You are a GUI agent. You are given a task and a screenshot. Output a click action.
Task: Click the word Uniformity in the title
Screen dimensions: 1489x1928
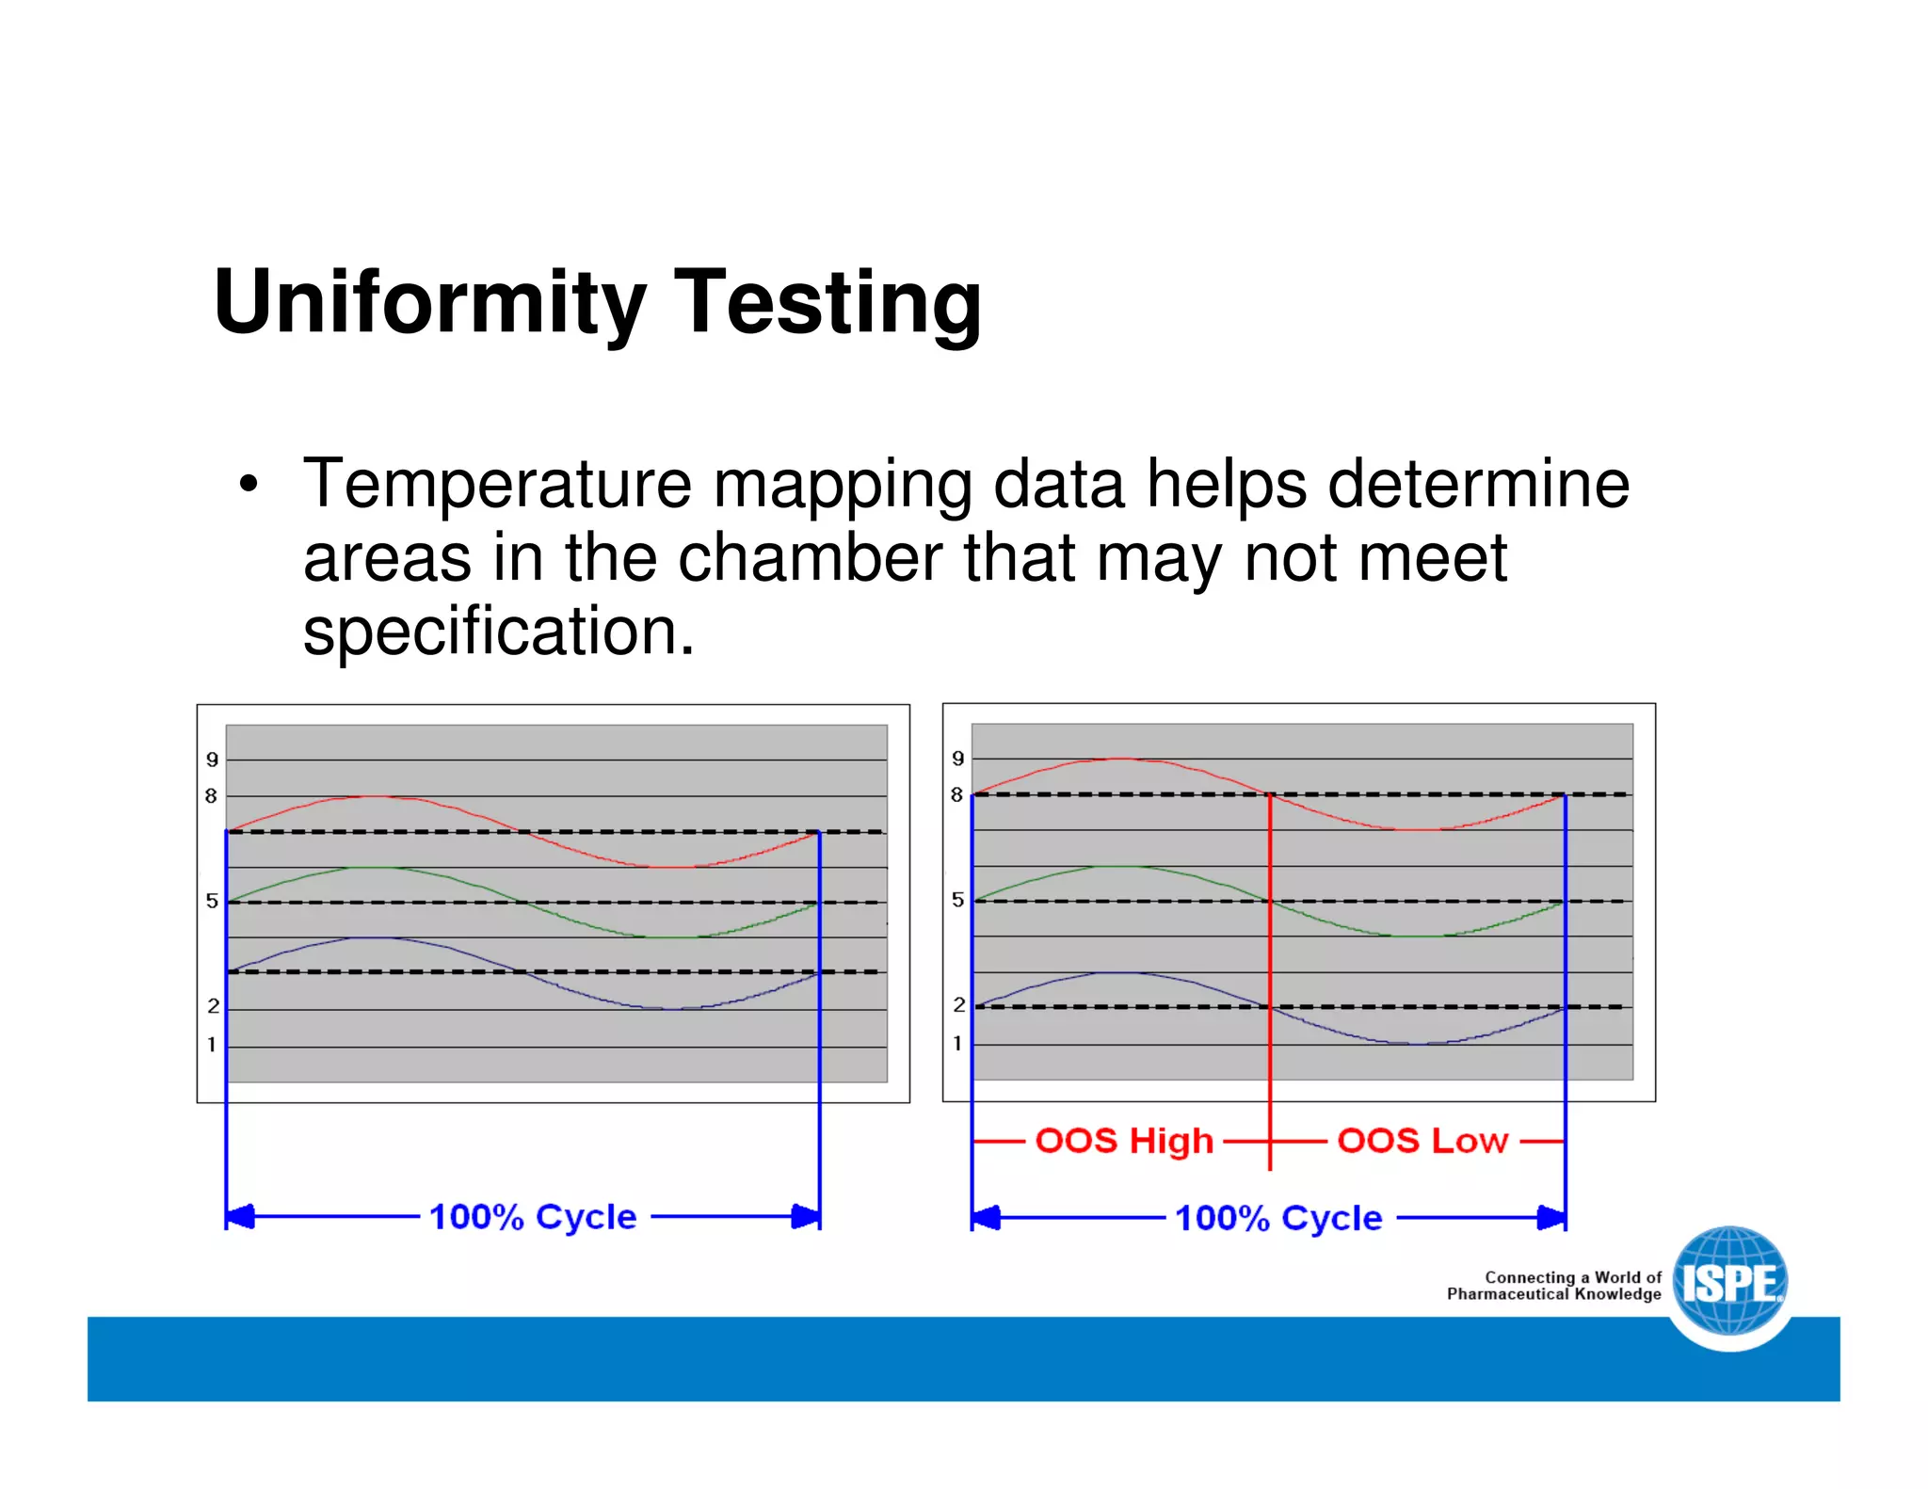[429, 303]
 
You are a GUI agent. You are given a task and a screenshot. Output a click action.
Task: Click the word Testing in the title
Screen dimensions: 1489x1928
[827, 303]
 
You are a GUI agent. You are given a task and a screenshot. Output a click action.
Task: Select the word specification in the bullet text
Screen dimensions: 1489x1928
[497, 632]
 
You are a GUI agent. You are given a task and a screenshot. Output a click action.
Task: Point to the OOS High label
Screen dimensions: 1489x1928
[1124, 1141]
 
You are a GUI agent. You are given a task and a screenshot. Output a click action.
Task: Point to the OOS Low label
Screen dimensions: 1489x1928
[1422, 1141]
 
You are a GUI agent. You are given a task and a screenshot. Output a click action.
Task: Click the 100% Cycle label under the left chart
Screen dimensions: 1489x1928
[533, 1217]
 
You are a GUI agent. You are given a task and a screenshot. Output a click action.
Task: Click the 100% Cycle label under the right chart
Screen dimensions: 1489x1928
[1278, 1218]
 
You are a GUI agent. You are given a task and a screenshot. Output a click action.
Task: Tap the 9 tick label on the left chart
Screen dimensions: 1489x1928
[212, 760]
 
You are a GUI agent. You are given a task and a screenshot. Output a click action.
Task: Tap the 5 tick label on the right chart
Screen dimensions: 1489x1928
[957, 900]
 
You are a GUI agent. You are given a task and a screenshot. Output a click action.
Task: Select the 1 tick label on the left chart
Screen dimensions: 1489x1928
[212, 1045]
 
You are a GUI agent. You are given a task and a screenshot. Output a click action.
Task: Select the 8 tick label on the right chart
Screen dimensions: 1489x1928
[956, 795]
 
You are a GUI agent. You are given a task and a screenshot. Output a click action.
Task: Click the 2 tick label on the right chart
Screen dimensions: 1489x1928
[958, 1005]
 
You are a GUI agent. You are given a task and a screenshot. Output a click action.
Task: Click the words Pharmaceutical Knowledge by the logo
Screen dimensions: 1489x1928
[1553, 1294]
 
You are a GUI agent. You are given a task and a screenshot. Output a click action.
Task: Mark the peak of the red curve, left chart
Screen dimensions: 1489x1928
[375, 796]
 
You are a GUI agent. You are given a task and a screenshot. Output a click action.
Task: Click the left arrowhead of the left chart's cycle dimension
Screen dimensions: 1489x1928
[239, 1217]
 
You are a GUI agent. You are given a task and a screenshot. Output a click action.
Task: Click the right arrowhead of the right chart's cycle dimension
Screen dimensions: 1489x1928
[1552, 1218]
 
